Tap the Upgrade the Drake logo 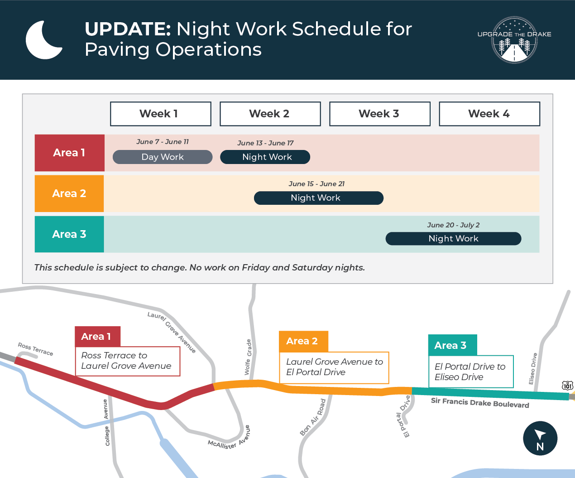point(514,40)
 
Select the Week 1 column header point(161,114)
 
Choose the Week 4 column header point(489,114)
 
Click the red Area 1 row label point(69,153)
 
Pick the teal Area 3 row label point(69,234)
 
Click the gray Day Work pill point(163,157)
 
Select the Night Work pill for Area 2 point(319,198)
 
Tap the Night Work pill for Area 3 point(453,238)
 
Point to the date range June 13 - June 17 point(265,143)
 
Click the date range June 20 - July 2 point(453,225)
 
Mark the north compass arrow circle point(540,438)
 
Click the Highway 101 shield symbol point(568,386)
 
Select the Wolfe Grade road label point(248,357)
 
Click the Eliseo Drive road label point(533,368)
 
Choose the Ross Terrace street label point(35,349)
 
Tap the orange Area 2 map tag point(303,341)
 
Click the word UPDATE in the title point(128,29)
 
